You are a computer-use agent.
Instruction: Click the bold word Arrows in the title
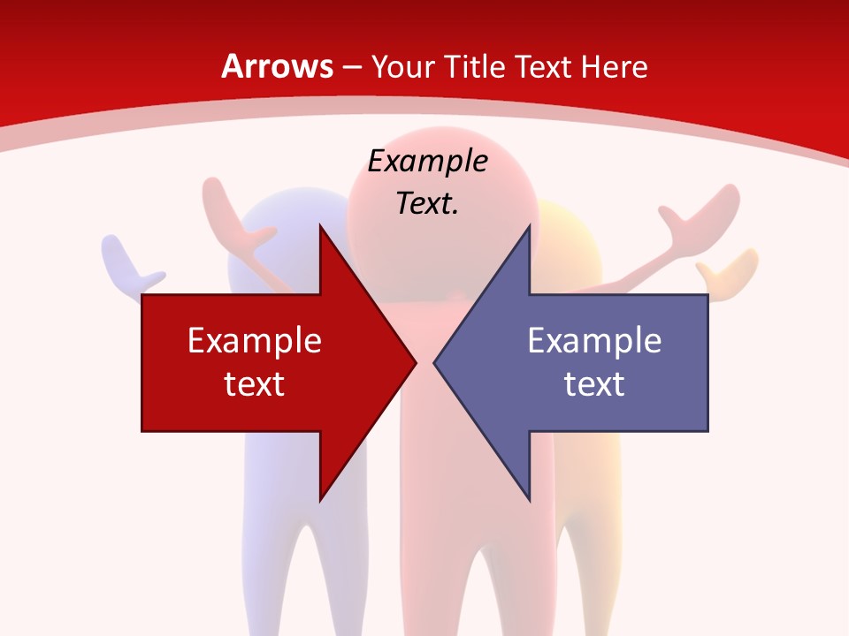coord(278,66)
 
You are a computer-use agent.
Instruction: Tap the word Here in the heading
coord(614,66)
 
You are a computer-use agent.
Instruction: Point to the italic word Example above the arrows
coord(427,161)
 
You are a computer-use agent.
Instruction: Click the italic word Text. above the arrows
coord(427,203)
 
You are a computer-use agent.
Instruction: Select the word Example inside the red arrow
coord(255,340)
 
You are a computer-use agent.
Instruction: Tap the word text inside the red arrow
coord(255,383)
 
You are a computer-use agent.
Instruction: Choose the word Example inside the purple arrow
coord(594,340)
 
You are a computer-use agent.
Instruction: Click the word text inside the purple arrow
coord(594,383)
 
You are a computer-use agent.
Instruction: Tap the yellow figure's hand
coord(730,265)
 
